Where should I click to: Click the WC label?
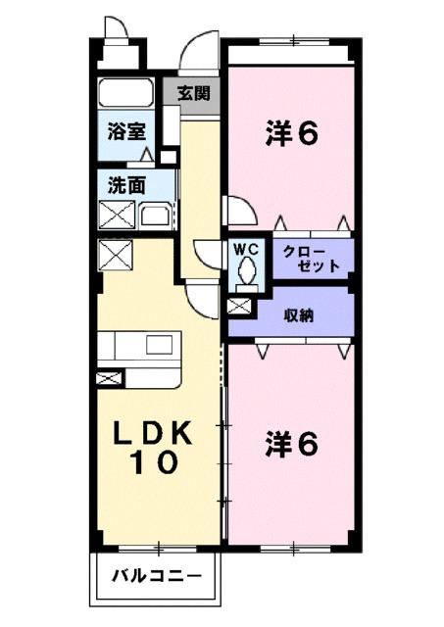[245, 248]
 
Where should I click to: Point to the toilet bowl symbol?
[246, 269]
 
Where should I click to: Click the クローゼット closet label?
[312, 258]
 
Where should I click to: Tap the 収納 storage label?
[299, 315]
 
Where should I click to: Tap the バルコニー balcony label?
[155, 576]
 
